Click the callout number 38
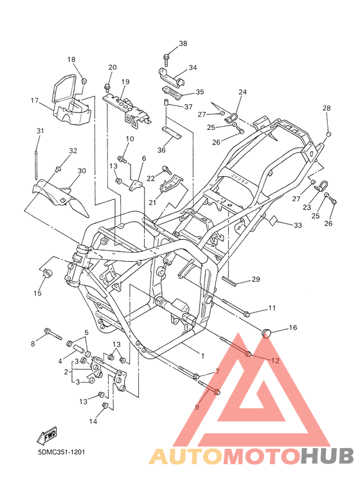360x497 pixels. point(183,44)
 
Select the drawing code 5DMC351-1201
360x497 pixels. point(62,452)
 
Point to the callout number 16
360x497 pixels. point(293,327)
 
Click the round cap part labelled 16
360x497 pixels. point(267,333)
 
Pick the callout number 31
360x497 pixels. point(40,131)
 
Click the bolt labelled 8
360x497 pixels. point(53,334)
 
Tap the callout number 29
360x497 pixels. point(256,279)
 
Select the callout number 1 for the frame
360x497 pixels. point(203,356)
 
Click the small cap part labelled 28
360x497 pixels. point(328,134)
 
